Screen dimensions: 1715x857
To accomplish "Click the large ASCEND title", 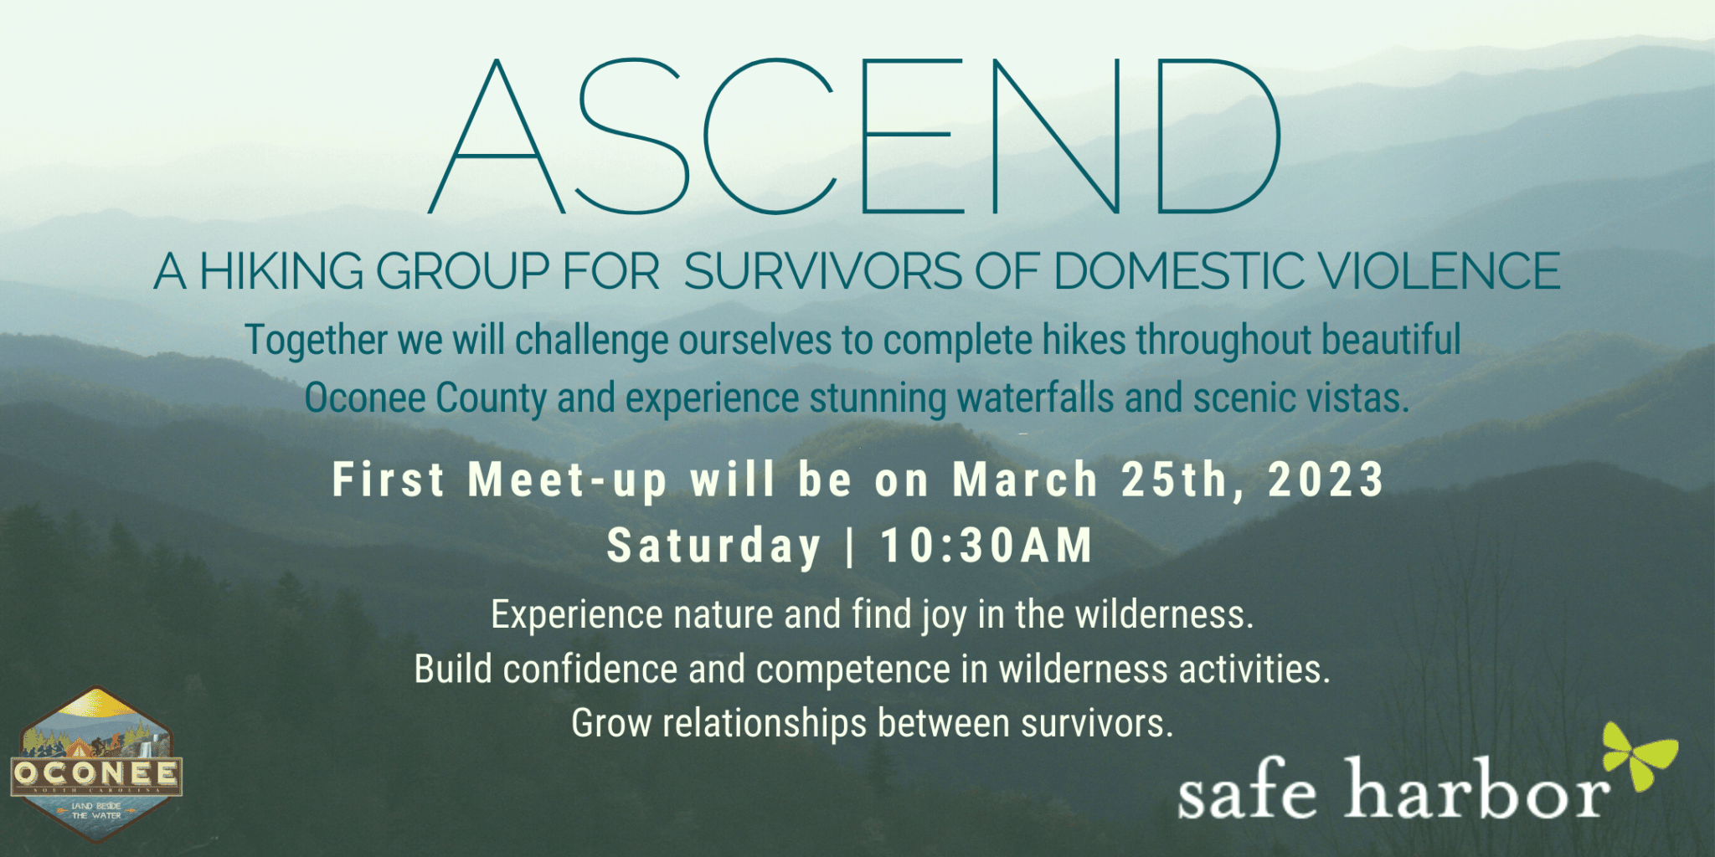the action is pos(854,136).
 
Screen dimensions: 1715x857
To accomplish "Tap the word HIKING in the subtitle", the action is pos(281,272).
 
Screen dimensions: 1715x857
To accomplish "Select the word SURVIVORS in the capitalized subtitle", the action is pos(823,272).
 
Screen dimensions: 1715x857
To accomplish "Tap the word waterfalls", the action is pos(1035,398).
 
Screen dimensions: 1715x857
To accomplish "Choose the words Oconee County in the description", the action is pos(425,398).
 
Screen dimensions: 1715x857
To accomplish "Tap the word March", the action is pos(1025,480).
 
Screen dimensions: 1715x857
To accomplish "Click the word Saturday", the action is pos(713,547).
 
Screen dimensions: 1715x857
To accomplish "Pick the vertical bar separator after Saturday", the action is pos(851,547).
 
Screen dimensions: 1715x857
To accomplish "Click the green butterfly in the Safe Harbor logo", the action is pos(1640,756).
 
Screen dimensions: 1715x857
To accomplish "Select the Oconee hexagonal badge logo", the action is pos(96,762).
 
